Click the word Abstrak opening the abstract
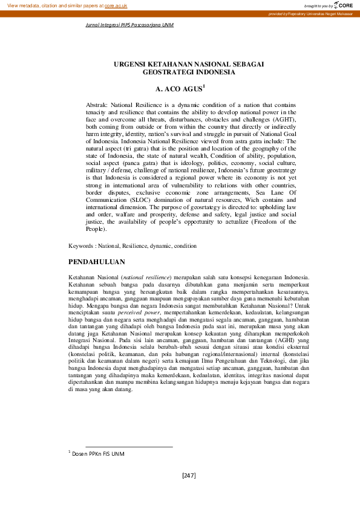[97, 105]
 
